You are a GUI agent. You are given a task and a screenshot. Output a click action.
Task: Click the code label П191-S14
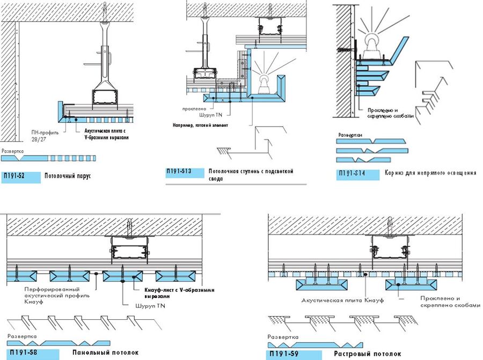(353, 173)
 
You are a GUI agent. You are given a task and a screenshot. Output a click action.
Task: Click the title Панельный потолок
(105, 352)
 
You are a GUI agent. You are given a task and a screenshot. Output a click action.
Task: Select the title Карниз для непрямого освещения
(430, 173)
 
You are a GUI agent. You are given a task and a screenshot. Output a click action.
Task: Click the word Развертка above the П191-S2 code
(13, 152)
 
